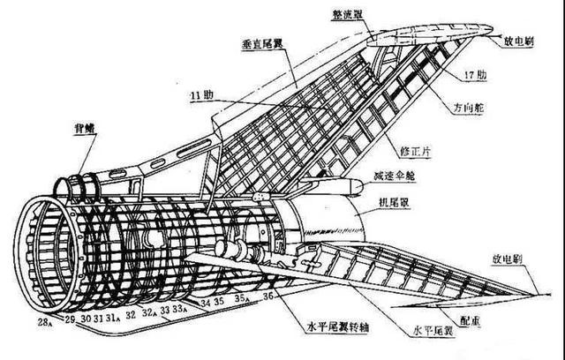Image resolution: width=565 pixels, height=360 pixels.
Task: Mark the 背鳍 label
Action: click(x=86, y=129)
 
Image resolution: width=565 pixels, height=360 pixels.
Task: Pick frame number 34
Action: click(x=205, y=304)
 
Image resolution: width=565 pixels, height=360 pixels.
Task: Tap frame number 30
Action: click(x=86, y=318)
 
